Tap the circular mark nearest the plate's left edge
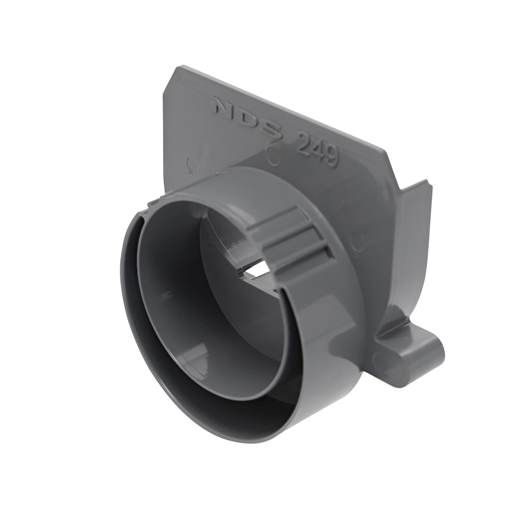coord(193,165)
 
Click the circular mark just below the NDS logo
coord(272,158)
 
